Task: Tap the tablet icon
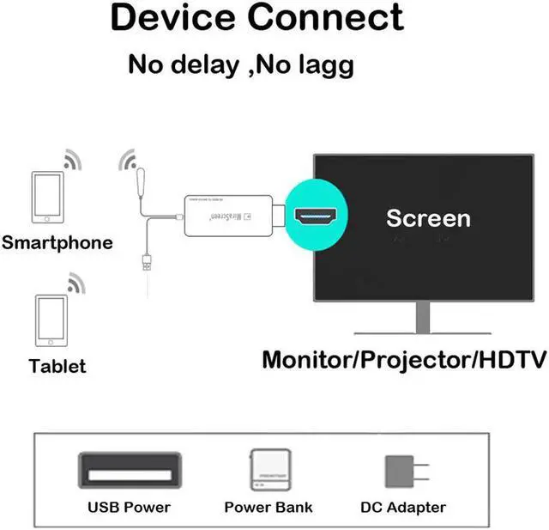(51, 319)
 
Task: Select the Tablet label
(57, 366)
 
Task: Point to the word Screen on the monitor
(428, 217)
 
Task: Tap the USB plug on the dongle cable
(146, 262)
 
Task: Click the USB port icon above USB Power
(128, 471)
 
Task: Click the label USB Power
(129, 508)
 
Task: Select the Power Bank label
(268, 508)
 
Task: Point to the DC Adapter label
(403, 508)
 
